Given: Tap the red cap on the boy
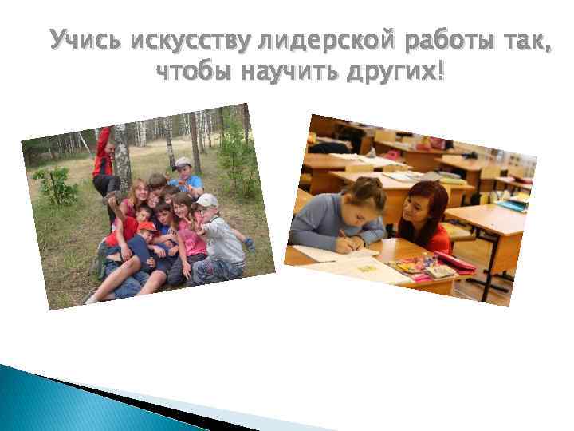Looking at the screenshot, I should coord(147,227).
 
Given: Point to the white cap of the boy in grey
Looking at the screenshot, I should coord(206,200).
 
